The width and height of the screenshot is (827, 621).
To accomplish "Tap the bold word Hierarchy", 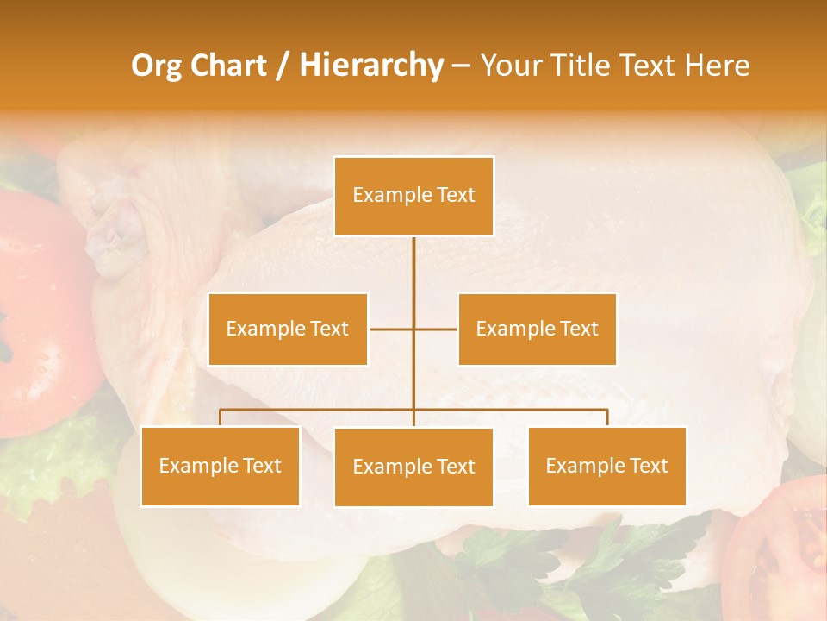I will [371, 66].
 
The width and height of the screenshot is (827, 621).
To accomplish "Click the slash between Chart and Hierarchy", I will [282, 66].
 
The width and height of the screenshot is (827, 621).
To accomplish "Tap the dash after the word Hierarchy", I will [462, 66].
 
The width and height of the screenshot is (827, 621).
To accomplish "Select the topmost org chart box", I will [413, 196].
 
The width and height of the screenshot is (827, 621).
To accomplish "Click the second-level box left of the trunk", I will [288, 329].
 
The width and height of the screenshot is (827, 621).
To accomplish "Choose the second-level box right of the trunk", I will [537, 329].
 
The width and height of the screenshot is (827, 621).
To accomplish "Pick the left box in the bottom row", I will [220, 466].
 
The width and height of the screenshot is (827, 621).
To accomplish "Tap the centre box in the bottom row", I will [413, 467].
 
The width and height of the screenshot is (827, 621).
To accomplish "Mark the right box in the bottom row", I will [606, 466].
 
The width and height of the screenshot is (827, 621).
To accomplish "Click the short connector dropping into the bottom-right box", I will [607, 417].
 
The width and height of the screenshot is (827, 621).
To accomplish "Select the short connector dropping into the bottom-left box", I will [220, 417].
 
